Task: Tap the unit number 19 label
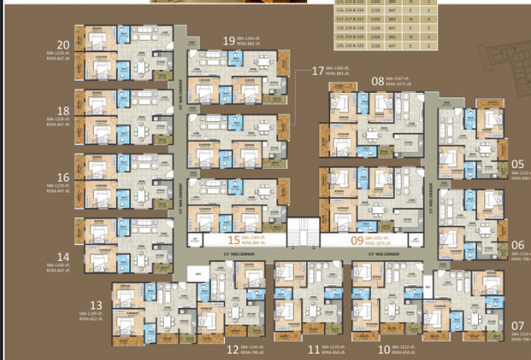[x=229, y=41]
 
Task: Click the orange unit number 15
[x=234, y=239]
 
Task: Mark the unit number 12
[x=233, y=350]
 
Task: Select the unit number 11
[x=313, y=350]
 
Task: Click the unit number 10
[x=383, y=350]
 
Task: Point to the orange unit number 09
[x=358, y=239]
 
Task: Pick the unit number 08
[x=378, y=80]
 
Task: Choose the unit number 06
[x=518, y=245]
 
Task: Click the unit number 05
[x=518, y=163]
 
